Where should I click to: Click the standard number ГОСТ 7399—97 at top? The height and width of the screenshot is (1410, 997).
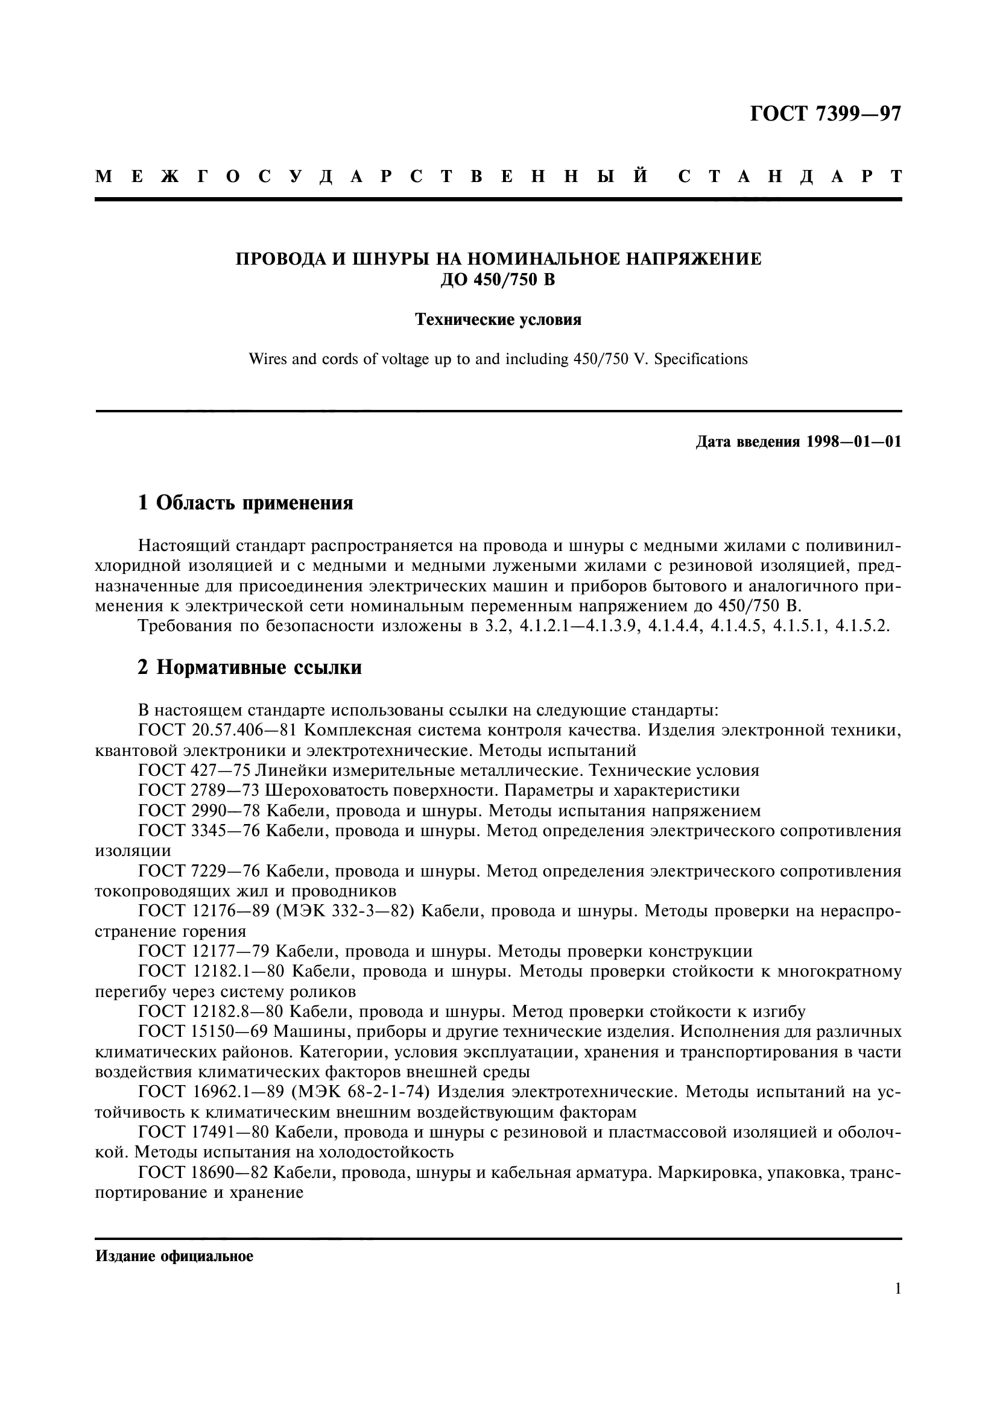point(826,114)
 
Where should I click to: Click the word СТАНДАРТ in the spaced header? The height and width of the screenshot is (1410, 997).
point(790,177)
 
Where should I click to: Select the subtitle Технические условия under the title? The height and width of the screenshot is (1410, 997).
point(498,320)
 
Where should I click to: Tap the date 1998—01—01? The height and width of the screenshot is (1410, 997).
point(855,442)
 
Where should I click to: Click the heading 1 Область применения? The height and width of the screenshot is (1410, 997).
point(245,503)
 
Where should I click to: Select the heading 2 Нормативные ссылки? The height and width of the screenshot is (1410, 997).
point(250,667)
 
